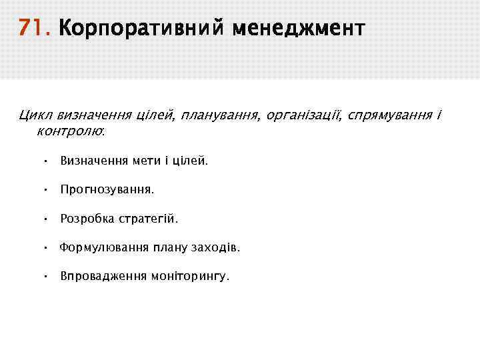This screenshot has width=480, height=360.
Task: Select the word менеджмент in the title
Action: point(299,29)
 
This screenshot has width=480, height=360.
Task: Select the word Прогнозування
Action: point(107,190)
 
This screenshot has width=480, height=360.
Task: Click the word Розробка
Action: point(87,219)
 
